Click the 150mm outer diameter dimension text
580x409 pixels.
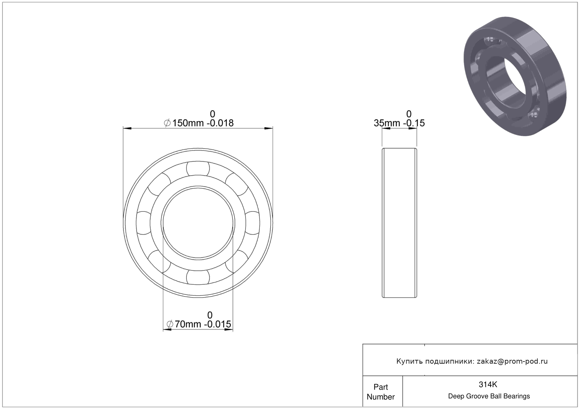coord(188,123)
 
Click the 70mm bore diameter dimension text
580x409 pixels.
coord(188,324)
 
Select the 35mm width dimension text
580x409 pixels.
coord(387,123)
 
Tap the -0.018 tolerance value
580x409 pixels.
coord(220,123)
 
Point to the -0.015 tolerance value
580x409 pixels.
coord(217,324)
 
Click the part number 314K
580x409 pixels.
coord(488,384)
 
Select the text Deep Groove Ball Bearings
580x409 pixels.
coord(489,396)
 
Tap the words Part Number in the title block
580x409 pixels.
coord(381,392)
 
